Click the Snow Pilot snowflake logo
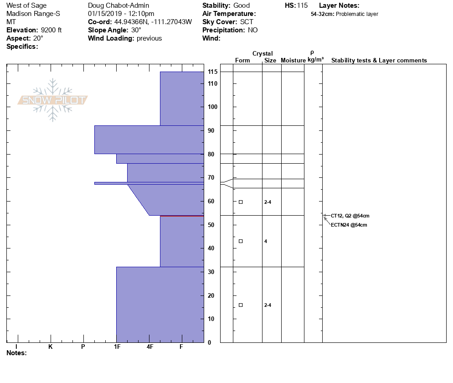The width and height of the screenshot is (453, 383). click(53, 100)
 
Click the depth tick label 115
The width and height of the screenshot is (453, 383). click(212, 72)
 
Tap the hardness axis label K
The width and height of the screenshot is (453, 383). click(51, 347)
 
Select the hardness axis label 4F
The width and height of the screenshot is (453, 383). click(150, 347)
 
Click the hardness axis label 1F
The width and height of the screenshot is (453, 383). click(117, 347)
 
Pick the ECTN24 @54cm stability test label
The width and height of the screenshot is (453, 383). click(349, 225)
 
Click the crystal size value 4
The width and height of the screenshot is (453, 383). click(266, 241)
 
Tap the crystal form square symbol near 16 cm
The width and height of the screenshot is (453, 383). click(241, 305)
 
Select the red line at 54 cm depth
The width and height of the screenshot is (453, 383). click(182, 216)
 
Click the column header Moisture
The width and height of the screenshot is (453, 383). click(293, 61)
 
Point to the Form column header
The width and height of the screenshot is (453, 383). click(242, 61)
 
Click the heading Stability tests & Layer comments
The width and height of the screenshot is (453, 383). click(379, 61)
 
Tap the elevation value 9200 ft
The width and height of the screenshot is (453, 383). click(51, 30)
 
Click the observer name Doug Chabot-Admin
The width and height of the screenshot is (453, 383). click(118, 5)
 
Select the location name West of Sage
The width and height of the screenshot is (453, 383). click(26, 5)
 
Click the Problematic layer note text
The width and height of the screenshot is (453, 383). click(357, 14)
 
